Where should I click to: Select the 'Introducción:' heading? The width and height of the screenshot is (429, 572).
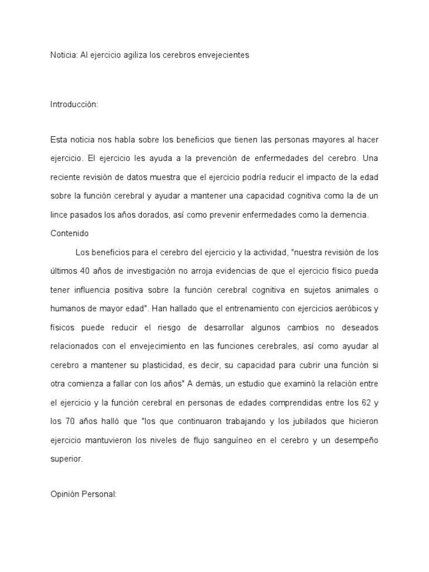pyautogui.click(x=74, y=104)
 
